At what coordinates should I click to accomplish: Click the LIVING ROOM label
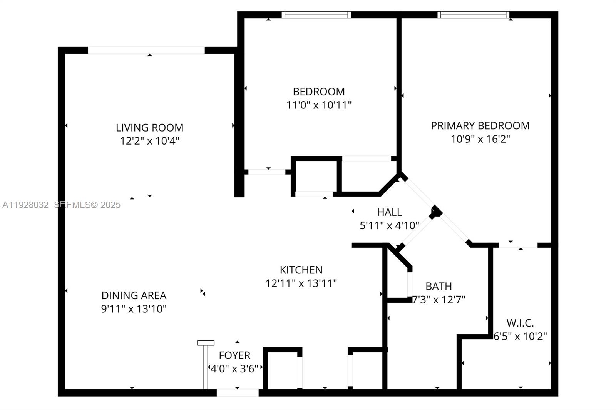pyautogui.click(x=149, y=128)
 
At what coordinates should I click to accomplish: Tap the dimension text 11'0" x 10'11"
pyautogui.click(x=318, y=105)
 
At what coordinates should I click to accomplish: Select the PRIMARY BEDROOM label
pyautogui.click(x=480, y=126)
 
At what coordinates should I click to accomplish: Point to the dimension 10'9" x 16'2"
pyautogui.click(x=480, y=139)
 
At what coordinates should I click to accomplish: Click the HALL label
pyautogui.click(x=389, y=212)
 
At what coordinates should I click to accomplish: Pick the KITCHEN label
pyautogui.click(x=301, y=270)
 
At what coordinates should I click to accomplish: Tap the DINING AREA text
pyautogui.click(x=134, y=295)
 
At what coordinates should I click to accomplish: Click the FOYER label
pyautogui.click(x=234, y=355)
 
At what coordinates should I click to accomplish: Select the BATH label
pyautogui.click(x=439, y=287)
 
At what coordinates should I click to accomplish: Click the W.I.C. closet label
pyautogui.click(x=520, y=323)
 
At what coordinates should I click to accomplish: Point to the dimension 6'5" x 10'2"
pyautogui.click(x=520, y=337)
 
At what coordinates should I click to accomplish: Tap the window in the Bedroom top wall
pyautogui.click(x=316, y=15)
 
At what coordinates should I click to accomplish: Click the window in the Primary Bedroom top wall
pyautogui.click(x=473, y=15)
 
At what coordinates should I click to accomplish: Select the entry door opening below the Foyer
pyautogui.click(x=238, y=393)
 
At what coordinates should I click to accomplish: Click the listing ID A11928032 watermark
pyautogui.click(x=25, y=205)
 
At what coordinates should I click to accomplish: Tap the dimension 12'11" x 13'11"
pyautogui.click(x=301, y=283)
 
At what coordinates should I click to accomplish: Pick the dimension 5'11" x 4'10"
pyautogui.click(x=389, y=226)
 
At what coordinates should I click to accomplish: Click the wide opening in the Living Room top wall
pyautogui.click(x=146, y=50)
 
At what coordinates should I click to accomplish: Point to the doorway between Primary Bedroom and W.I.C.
pyautogui.click(x=518, y=245)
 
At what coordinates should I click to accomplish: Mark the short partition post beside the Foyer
pyautogui.click(x=206, y=365)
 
